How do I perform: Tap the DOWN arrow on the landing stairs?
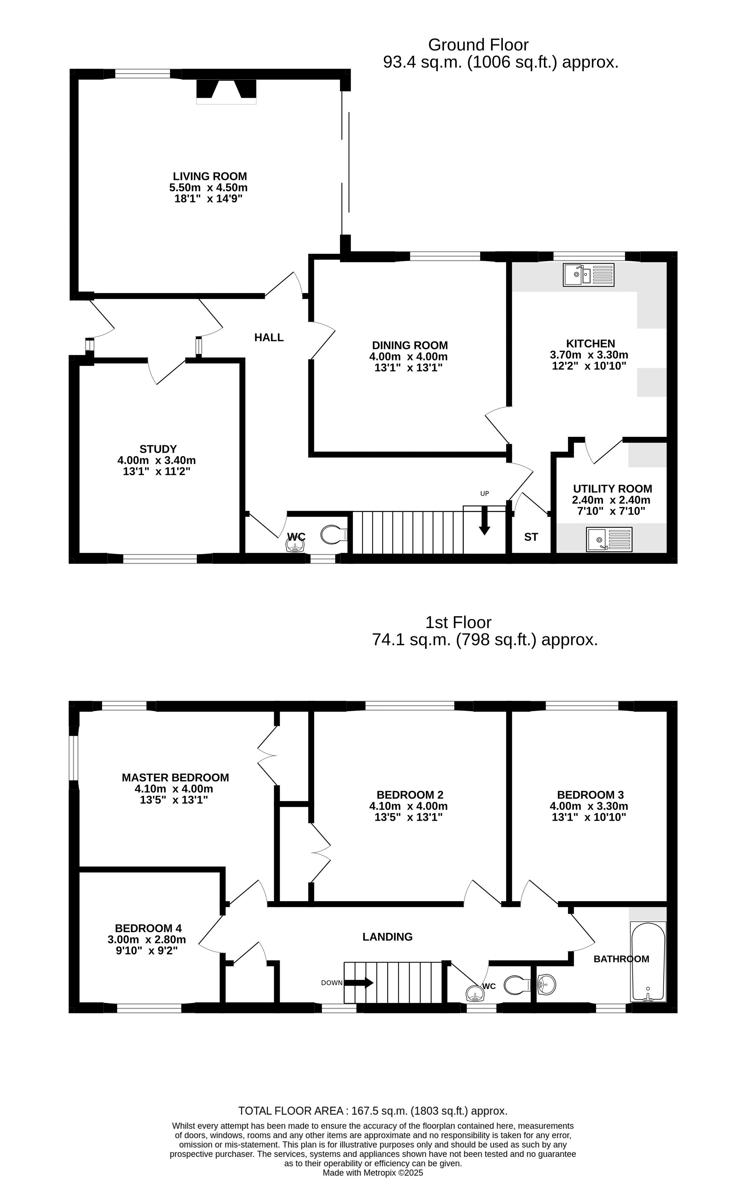click(359, 982)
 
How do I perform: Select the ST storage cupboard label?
click(531, 537)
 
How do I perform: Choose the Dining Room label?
click(410, 345)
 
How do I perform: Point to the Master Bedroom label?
click(175, 777)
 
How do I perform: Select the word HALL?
click(269, 337)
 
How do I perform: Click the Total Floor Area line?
click(373, 1111)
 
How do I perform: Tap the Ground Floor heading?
click(478, 45)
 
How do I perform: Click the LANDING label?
click(387, 937)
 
